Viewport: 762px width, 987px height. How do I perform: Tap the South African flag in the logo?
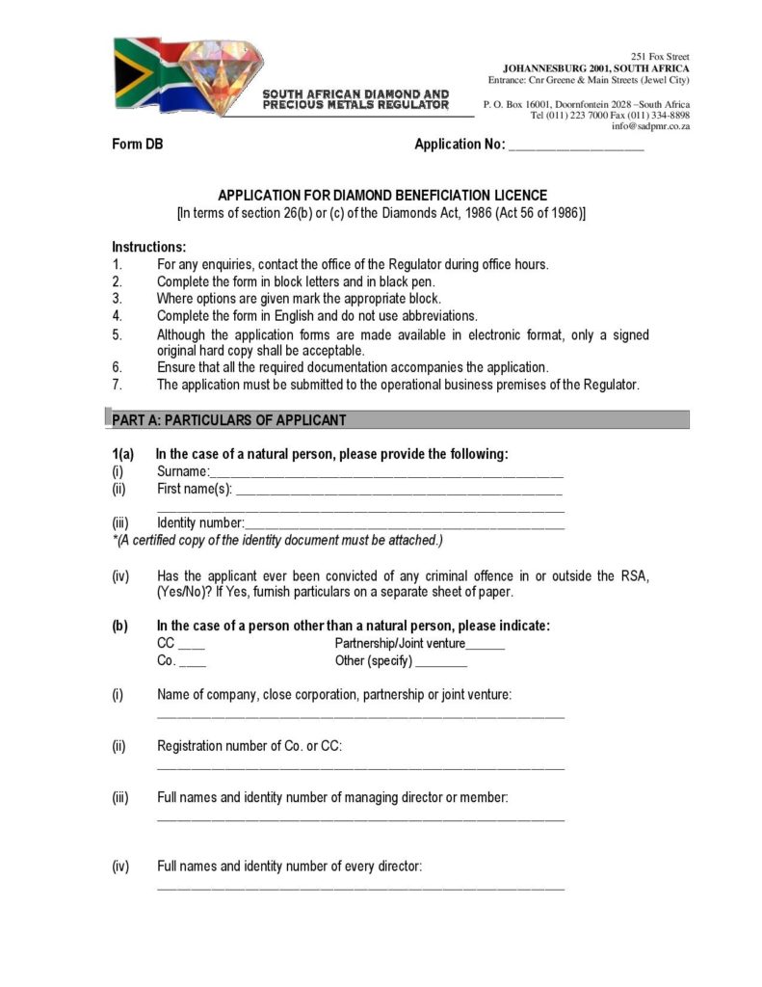pos(145,73)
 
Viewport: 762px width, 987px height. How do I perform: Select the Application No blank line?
pos(575,147)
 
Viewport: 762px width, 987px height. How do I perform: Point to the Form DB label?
pos(138,145)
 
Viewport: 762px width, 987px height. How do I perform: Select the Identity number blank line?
pos(405,525)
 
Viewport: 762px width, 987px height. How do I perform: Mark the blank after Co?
pos(193,664)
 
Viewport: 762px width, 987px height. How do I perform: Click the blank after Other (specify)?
pos(441,664)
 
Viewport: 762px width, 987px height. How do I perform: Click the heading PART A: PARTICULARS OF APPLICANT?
pos(229,420)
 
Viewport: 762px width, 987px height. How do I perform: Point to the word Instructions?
pos(149,247)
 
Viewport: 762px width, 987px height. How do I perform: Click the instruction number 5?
pos(117,335)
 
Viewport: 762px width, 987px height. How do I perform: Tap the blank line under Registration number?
pos(360,768)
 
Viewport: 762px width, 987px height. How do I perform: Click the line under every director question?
pos(360,888)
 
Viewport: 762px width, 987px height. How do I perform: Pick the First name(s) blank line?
pos(399,492)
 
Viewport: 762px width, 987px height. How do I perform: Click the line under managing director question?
pos(360,820)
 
